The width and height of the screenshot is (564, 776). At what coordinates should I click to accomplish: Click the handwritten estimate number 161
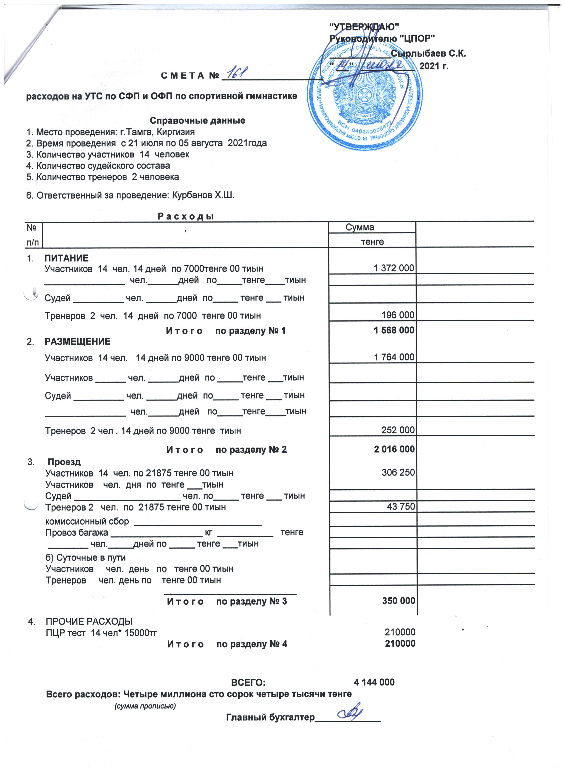click(237, 73)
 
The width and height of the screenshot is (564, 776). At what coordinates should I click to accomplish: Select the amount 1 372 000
click(394, 268)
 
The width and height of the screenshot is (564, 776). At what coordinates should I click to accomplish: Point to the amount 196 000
click(398, 315)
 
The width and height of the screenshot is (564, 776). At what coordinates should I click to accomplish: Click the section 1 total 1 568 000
click(394, 330)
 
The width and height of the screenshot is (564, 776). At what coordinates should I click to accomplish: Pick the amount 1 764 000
click(394, 357)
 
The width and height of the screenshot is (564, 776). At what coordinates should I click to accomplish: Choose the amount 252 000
click(398, 430)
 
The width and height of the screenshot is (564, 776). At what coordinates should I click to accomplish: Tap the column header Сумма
click(360, 227)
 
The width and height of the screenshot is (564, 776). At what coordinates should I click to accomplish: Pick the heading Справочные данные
click(197, 120)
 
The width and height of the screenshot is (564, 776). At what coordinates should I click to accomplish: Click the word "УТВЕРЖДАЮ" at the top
click(364, 26)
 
